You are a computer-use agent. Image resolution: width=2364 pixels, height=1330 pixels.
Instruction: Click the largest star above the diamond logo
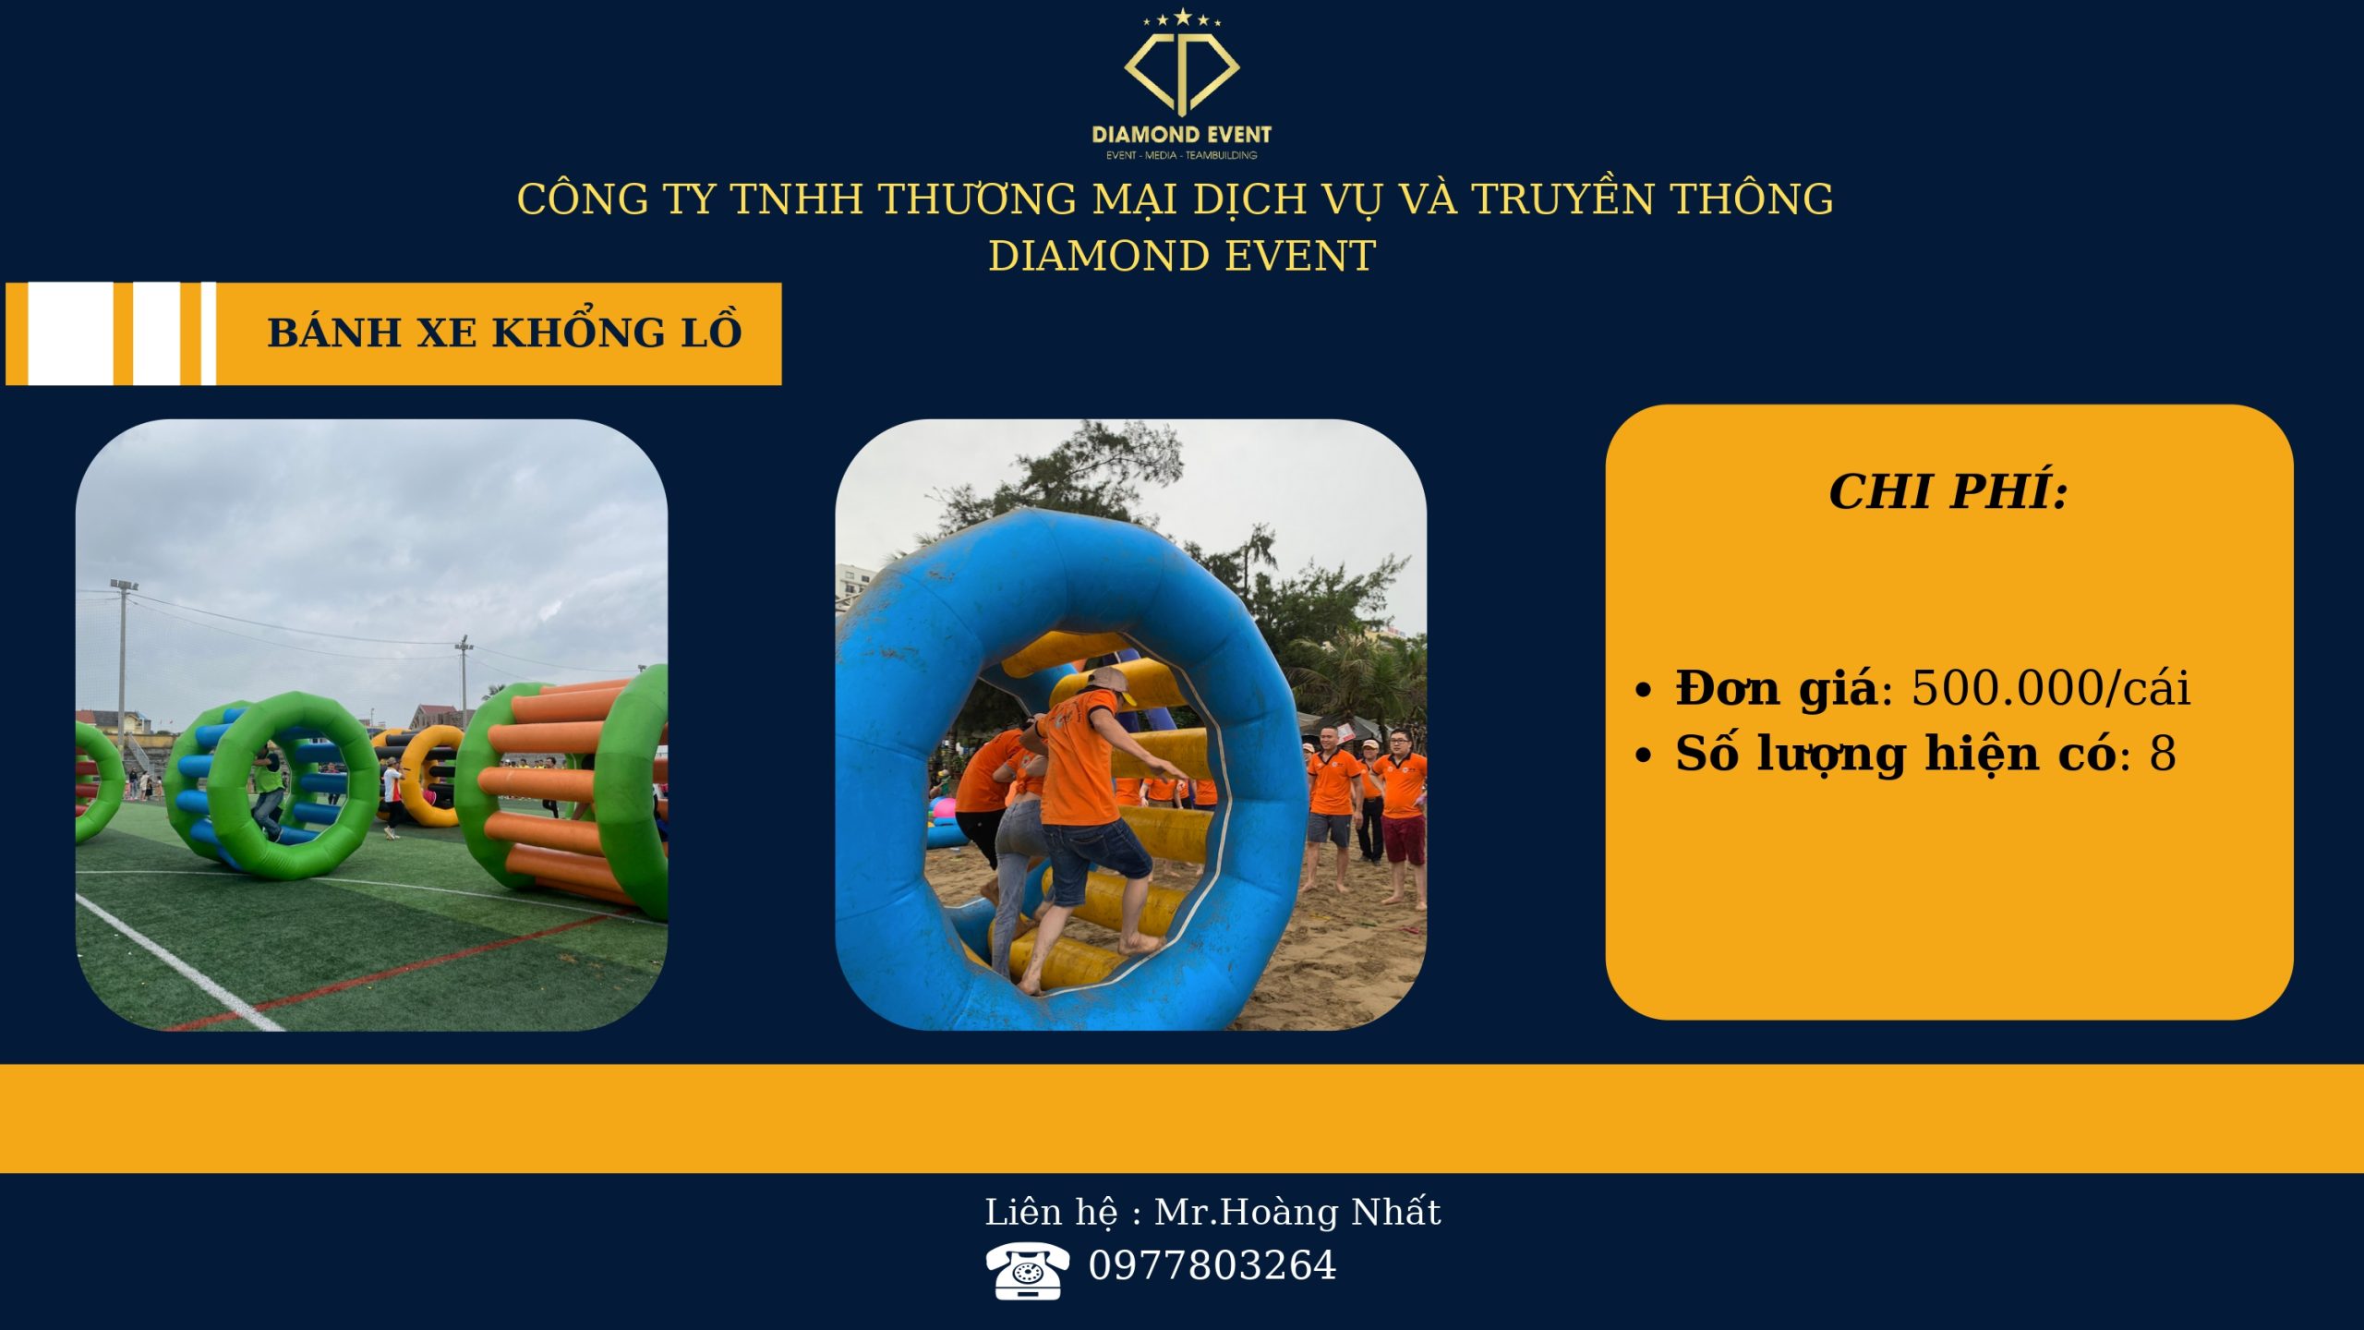coord(1182,16)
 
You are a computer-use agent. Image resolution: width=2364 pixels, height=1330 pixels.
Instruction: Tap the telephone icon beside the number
coord(1027,1271)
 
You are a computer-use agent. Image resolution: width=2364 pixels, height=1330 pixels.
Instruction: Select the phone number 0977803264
coord(1212,1265)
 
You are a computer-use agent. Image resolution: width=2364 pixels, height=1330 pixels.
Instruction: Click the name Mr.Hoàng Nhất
coord(1297,1212)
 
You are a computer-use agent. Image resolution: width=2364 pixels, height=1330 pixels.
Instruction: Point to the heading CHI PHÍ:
coord(1948,491)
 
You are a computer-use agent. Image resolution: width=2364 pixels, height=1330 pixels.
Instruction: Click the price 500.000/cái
coord(2051,688)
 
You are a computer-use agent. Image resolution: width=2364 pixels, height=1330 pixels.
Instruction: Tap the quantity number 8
coord(2163,754)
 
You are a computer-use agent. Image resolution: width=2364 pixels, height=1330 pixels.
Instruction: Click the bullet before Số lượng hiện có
coord(1643,756)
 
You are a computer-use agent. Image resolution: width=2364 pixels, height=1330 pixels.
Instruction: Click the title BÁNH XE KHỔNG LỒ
coord(504,332)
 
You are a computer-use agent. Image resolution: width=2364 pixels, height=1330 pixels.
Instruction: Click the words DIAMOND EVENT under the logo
coord(1181,135)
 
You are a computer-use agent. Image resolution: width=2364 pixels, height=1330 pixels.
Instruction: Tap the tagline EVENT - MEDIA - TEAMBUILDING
coord(1181,155)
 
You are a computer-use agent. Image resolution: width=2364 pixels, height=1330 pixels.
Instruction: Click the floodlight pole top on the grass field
coord(124,586)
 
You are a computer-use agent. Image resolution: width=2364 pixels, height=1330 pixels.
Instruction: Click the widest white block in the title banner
coord(71,333)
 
